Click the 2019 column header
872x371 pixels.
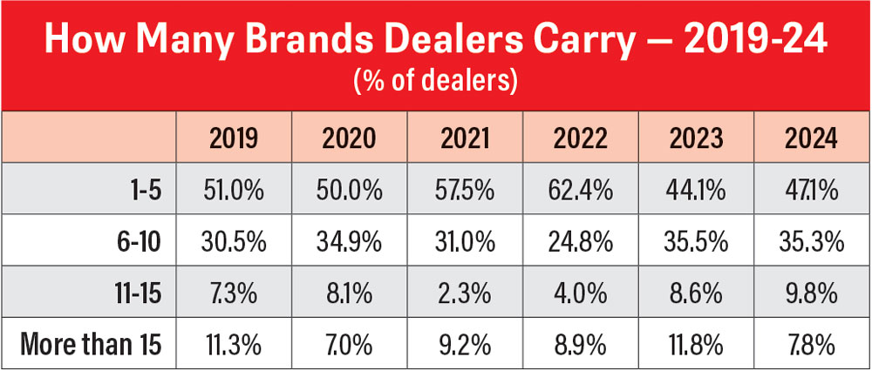click(235, 138)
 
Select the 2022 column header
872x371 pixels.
click(581, 138)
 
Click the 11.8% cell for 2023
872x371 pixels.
click(695, 345)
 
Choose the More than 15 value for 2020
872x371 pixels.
click(351, 345)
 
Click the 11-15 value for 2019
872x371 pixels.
click(235, 294)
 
